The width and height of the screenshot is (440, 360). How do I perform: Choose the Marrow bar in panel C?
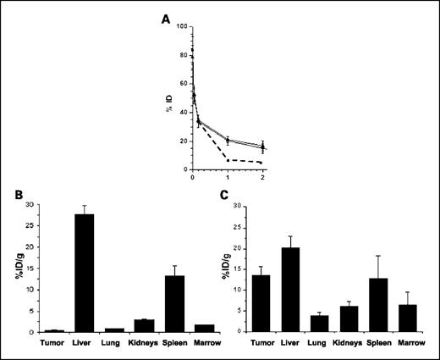click(x=410, y=318)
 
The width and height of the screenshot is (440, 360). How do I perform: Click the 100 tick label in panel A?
click(x=181, y=27)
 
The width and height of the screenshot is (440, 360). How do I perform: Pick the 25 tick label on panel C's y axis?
click(x=237, y=227)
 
